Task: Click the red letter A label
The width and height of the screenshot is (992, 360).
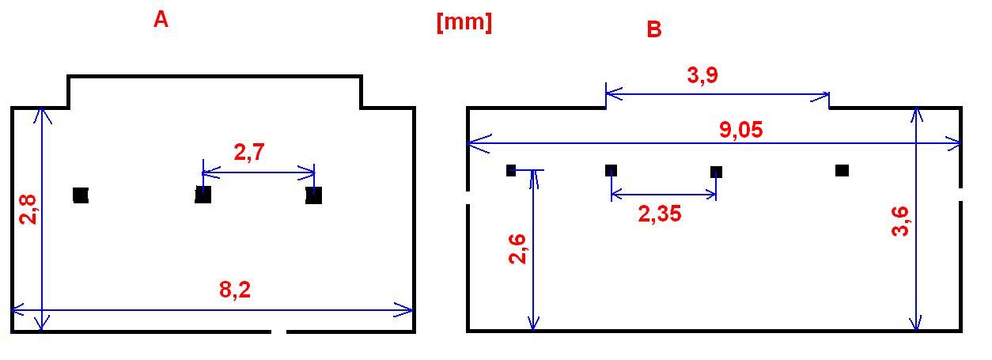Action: click(161, 20)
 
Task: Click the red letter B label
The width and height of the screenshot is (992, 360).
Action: click(654, 29)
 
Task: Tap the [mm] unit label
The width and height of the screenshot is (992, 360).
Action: click(464, 21)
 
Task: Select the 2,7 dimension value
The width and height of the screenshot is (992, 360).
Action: click(249, 152)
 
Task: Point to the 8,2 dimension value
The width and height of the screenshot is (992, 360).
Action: click(235, 290)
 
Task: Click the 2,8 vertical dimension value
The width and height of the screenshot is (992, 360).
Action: click(28, 210)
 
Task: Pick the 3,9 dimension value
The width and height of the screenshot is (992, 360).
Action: click(702, 74)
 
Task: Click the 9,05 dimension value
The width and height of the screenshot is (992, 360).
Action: click(741, 130)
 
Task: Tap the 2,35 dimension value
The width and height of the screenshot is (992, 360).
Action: click(660, 214)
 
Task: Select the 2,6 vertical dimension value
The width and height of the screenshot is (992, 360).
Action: click(517, 249)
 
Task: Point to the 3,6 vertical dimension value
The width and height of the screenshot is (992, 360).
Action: click(900, 222)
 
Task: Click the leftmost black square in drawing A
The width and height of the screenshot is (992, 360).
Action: click(81, 195)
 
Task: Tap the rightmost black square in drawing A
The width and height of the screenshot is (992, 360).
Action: click(313, 195)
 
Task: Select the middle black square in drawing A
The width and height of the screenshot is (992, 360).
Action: click(203, 195)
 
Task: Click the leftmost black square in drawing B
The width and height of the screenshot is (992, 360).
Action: click(511, 170)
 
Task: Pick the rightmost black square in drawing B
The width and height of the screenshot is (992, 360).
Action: click(842, 170)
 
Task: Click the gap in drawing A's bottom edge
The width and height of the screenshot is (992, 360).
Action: click(278, 332)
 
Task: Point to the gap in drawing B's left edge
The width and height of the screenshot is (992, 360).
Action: click(468, 197)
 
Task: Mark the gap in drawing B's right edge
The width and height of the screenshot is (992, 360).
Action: click(960, 194)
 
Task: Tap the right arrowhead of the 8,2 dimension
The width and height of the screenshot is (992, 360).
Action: click(404, 310)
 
